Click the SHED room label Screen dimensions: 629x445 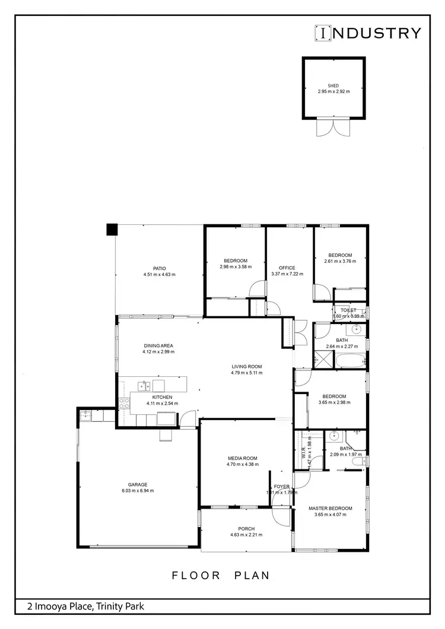[333, 86]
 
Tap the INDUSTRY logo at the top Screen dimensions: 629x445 [368, 33]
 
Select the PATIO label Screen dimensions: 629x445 [159, 268]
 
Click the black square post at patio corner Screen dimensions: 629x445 [112, 229]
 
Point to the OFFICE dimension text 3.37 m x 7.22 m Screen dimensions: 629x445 [287, 274]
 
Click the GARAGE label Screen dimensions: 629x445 [138, 484]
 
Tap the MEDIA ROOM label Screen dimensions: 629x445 [242, 458]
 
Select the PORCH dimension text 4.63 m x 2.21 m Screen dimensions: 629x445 [246, 535]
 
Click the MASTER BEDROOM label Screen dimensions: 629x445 [330, 509]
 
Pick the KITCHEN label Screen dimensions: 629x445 [162, 397]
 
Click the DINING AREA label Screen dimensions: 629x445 [158, 345]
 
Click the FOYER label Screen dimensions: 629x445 [282, 487]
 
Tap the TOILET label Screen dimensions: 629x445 [348, 310]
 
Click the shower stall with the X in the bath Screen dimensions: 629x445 [323, 358]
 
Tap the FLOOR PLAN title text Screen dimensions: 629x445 [221, 575]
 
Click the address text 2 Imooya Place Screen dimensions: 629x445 [85, 606]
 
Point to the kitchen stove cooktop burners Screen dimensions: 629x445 [125, 404]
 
